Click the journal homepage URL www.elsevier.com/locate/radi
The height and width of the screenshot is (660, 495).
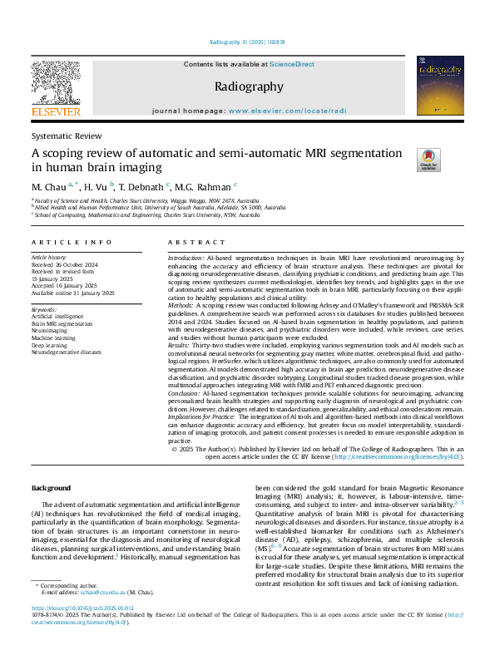[x=286, y=111]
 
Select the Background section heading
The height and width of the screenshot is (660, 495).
[x=51, y=487]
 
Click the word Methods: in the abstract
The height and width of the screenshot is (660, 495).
[x=183, y=305]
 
